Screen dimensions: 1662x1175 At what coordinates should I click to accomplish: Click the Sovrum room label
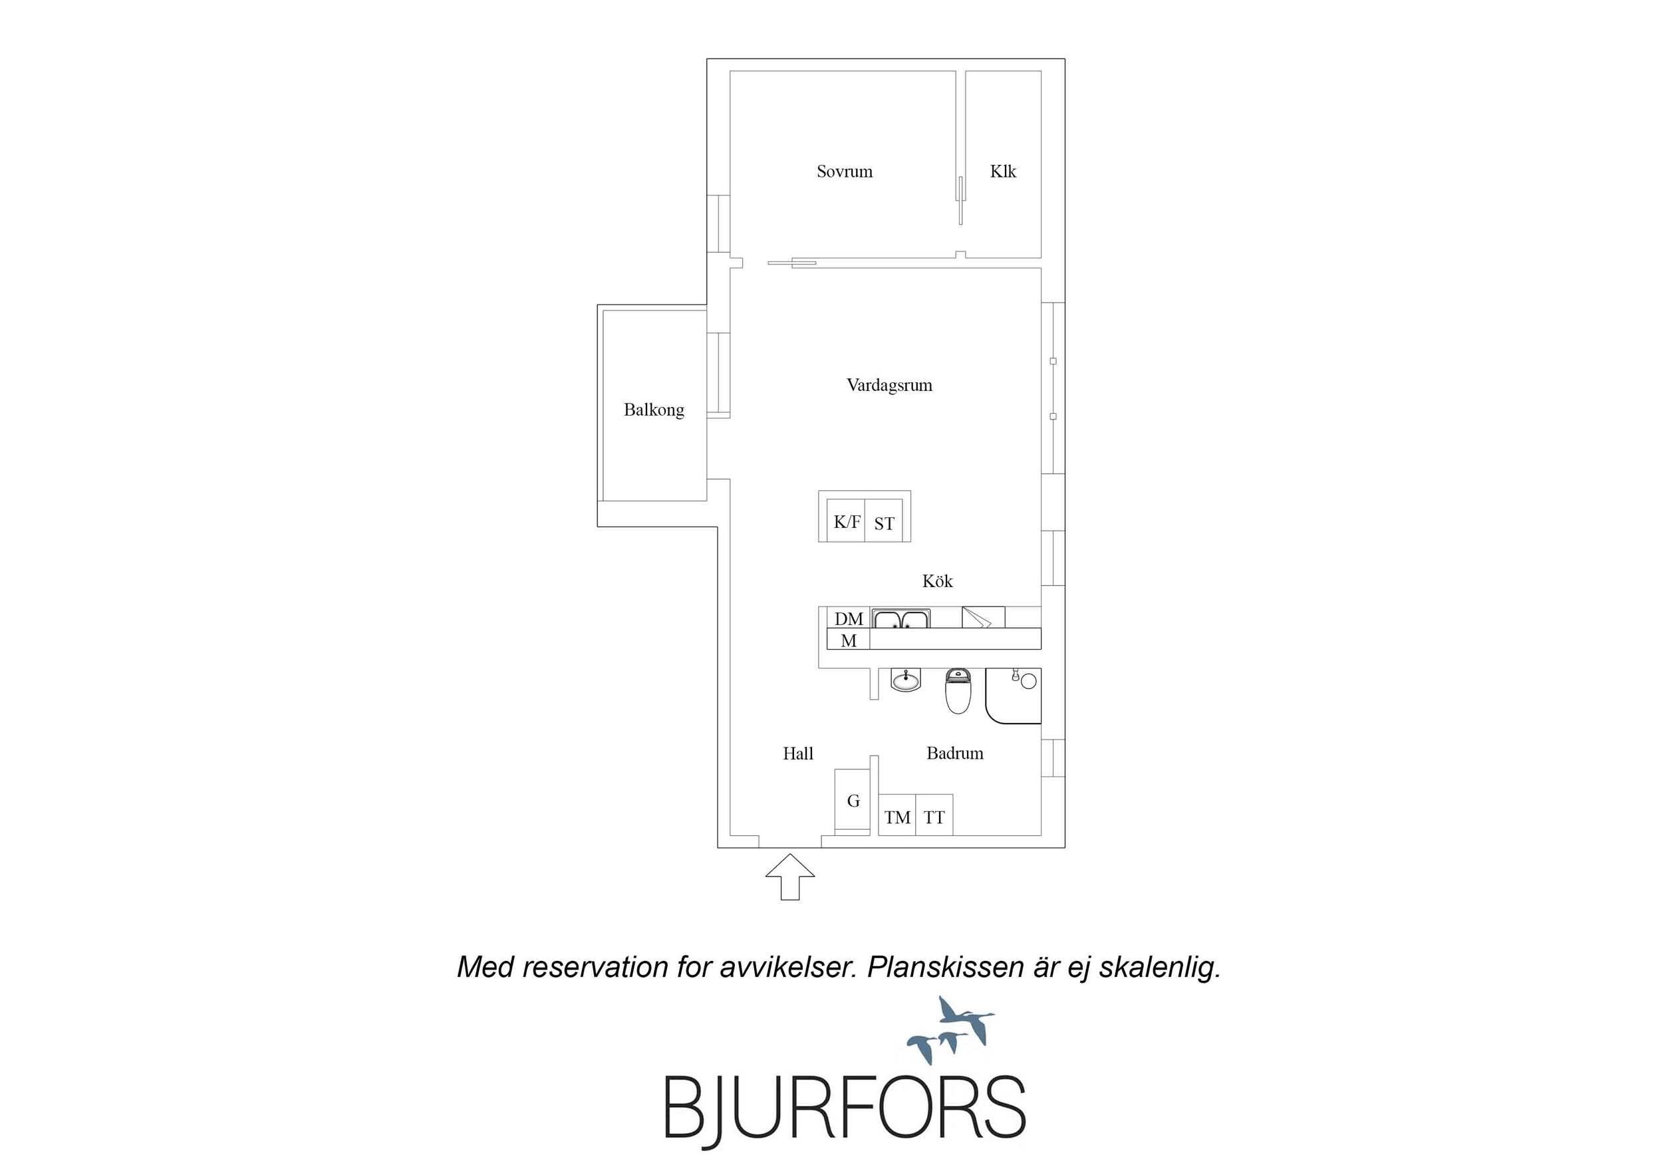(844, 172)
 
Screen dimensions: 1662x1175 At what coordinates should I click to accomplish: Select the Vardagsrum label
(889, 385)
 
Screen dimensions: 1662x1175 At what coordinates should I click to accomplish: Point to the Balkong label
(654, 410)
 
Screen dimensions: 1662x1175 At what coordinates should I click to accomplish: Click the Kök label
(937, 581)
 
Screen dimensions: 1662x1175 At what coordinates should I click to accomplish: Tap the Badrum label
(955, 753)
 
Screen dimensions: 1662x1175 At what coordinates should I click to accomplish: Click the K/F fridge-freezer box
(846, 521)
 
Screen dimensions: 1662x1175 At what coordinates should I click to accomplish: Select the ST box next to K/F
(884, 521)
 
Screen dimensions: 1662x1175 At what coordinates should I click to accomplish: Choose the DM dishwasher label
(849, 619)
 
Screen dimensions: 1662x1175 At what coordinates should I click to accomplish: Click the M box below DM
(849, 639)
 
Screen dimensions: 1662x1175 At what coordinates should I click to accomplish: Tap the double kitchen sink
(900, 618)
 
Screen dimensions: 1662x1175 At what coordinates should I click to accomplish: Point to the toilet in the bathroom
(958, 691)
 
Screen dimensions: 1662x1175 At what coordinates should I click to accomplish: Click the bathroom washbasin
(905, 680)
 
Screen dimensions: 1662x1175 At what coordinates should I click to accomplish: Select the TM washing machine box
(897, 815)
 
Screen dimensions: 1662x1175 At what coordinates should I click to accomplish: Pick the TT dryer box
(934, 815)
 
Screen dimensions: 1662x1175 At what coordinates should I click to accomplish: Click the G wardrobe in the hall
(853, 801)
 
